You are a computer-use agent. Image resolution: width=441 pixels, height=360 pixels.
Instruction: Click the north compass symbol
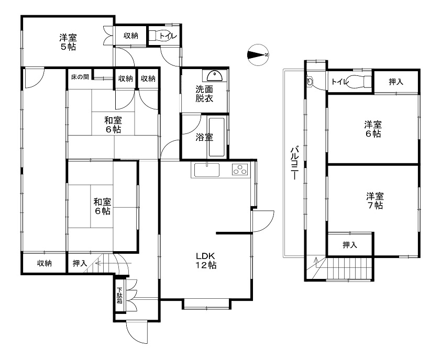point(258,55)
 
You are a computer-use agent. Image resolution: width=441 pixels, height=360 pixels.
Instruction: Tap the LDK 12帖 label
point(206,261)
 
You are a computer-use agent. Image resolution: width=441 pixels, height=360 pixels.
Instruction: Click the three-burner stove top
point(240,170)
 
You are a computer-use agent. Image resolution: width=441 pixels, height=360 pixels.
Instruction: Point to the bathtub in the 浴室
point(216,137)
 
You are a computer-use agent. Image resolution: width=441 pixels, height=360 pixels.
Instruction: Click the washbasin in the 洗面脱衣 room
point(214,75)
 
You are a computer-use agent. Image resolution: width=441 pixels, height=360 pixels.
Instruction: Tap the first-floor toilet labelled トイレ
point(163,36)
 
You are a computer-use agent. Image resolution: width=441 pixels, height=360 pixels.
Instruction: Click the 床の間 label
point(80,77)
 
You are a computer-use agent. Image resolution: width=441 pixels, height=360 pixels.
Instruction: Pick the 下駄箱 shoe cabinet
point(120,295)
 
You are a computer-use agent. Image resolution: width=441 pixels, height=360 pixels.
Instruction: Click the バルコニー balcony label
point(294,163)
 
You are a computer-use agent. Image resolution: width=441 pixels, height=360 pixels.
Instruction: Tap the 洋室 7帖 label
point(374,200)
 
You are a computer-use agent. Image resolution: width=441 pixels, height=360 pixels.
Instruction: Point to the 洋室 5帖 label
point(68,42)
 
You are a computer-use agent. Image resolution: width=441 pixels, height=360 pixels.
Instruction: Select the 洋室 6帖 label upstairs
point(373,129)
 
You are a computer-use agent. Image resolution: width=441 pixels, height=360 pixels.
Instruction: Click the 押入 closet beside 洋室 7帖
point(350,245)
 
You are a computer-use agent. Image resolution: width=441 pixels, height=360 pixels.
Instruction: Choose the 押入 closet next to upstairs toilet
point(396,82)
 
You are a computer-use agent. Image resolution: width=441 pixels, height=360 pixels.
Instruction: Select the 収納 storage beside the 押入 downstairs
point(45,263)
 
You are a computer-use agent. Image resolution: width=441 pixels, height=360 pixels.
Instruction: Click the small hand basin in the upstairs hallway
point(310,82)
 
